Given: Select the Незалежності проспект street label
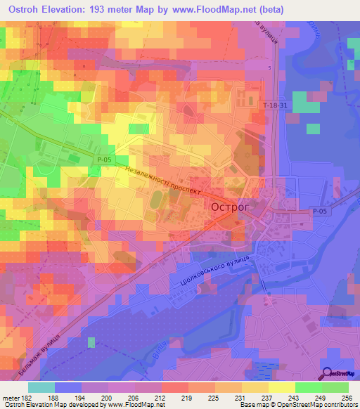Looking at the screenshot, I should (x=162, y=180).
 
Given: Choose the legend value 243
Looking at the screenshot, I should (x=283, y=397).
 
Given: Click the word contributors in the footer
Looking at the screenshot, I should (x=338, y=405).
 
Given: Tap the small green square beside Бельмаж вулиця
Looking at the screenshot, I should (x=91, y=342).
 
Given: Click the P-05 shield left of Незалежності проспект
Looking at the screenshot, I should (x=104, y=160).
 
